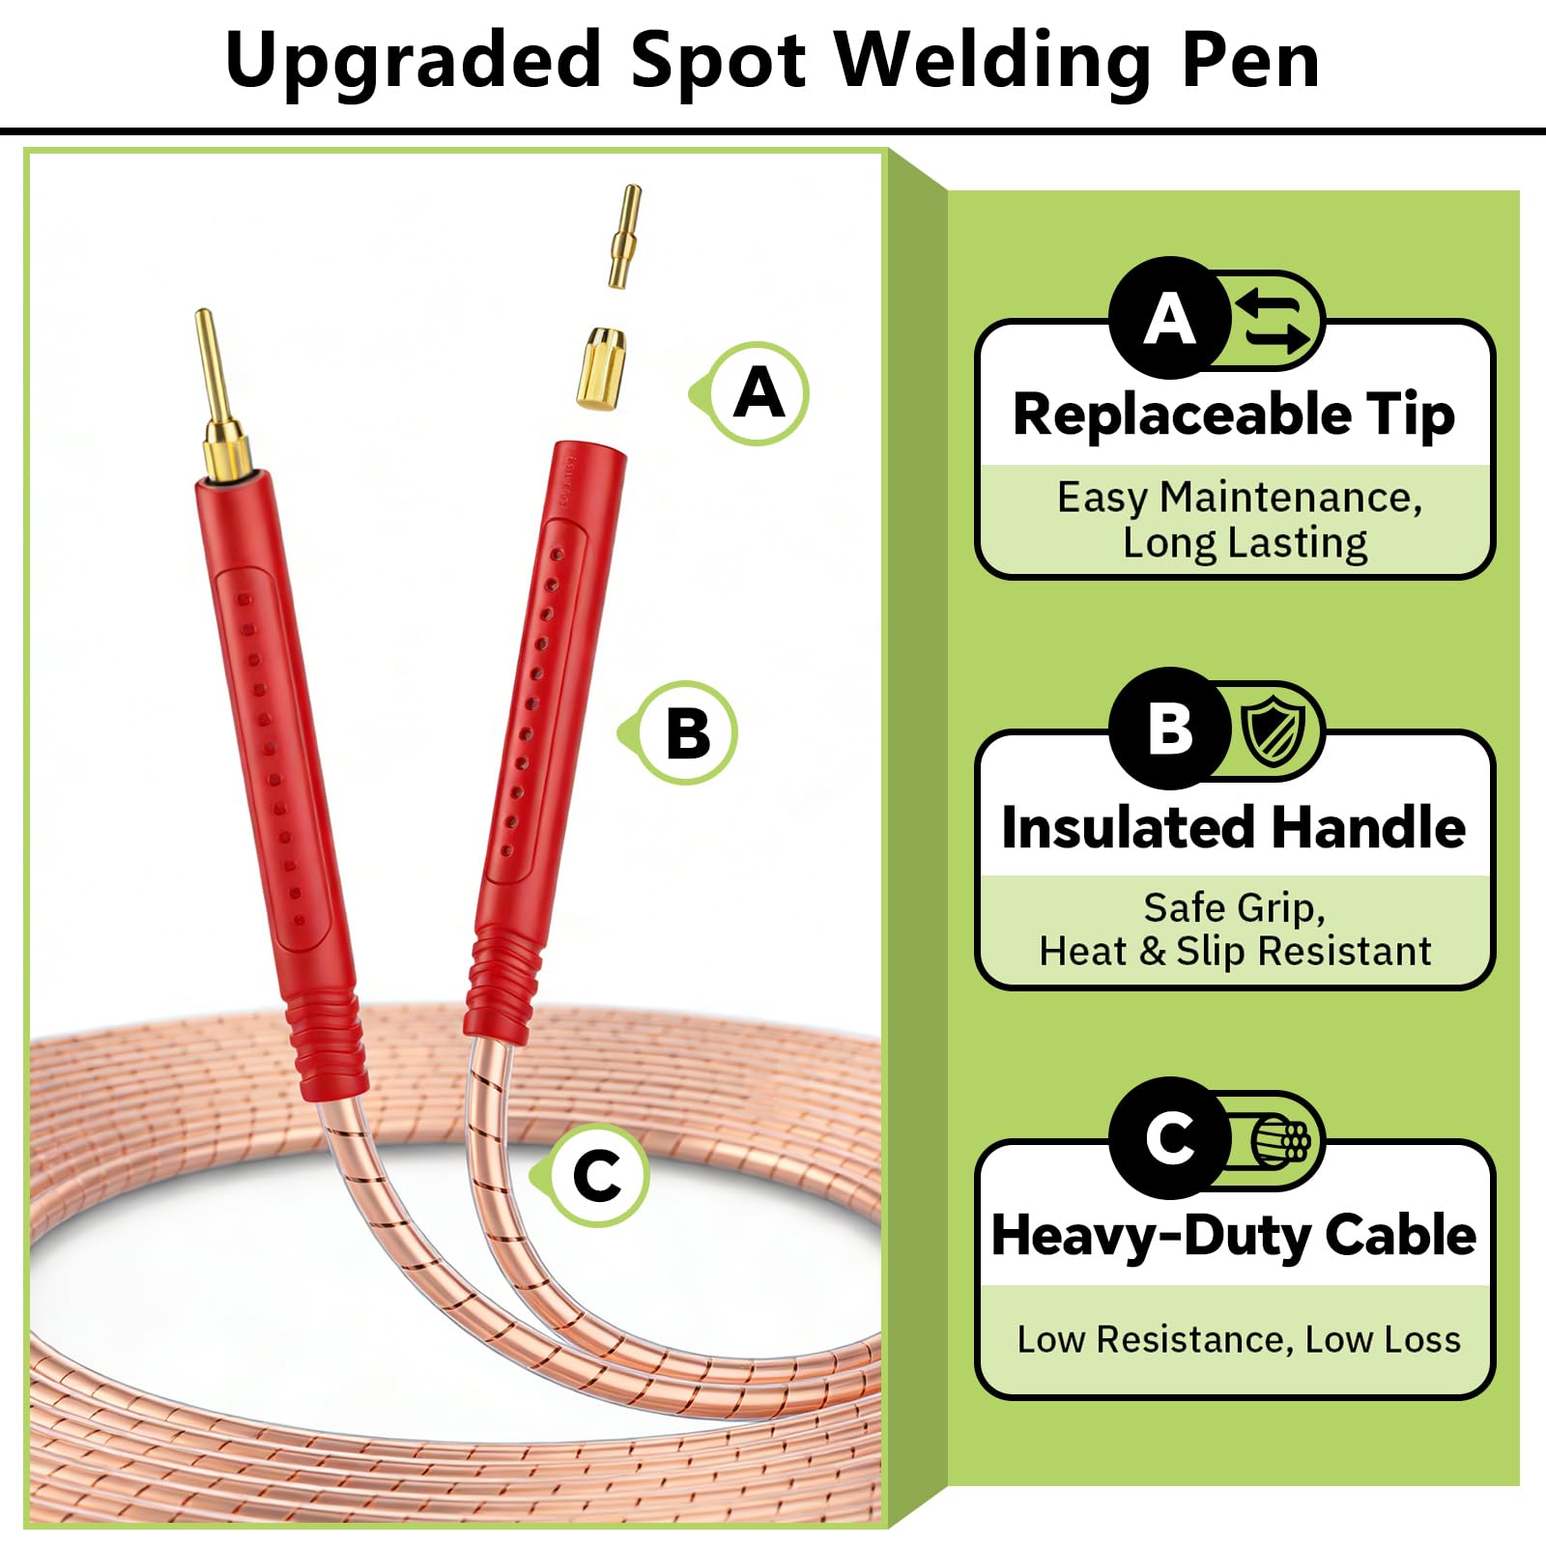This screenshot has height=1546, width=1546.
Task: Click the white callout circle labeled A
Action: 759,393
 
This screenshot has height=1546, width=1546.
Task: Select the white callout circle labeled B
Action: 687,732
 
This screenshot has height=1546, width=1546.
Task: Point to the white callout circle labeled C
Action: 598,1176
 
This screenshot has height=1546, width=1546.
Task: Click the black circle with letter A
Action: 1170,318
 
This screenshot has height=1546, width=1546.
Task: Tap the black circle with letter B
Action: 1170,729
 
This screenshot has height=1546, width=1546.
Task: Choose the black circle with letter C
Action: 1170,1138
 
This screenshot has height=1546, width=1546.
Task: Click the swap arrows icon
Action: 1274,320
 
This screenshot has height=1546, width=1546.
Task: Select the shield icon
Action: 1274,730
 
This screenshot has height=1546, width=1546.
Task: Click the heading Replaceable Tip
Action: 1234,415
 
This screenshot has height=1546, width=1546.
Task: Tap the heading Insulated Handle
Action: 1234,827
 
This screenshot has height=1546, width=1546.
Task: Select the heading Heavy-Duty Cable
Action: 1234,1237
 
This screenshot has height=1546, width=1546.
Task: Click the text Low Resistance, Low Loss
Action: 1239,1339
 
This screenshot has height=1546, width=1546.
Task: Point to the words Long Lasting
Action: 1245,543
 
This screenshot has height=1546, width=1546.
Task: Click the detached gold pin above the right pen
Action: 624,236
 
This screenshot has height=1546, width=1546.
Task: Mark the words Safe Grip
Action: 1234,909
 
